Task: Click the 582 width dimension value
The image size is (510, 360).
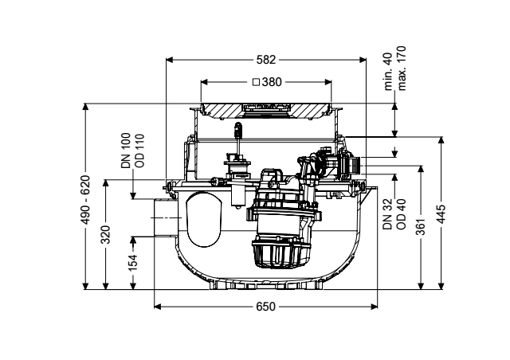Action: (x=266, y=60)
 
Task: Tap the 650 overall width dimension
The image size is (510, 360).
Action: (x=265, y=307)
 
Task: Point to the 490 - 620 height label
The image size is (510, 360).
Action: (x=85, y=200)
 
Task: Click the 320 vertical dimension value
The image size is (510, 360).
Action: (x=106, y=234)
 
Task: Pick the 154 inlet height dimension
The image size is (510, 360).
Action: (x=133, y=263)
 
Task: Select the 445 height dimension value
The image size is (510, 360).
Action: (x=441, y=214)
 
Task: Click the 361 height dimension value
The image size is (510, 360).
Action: (x=421, y=227)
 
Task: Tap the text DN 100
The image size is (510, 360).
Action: (x=126, y=151)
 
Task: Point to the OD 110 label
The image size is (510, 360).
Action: (x=139, y=151)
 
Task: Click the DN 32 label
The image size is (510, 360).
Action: (x=388, y=214)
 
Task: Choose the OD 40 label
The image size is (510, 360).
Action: (x=402, y=214)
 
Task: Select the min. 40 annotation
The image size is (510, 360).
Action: (x=388, y=72)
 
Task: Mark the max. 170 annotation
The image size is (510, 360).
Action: (x=402, y=68)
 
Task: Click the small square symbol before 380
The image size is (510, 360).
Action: (x=257, y=82)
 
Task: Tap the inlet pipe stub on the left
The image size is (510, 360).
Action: (x=164, y=217)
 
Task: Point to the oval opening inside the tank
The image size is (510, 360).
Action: (x=204, y=219)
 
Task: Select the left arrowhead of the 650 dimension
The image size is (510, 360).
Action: (x=158, y=307)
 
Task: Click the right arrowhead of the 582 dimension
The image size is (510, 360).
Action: (x=363, y=60)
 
